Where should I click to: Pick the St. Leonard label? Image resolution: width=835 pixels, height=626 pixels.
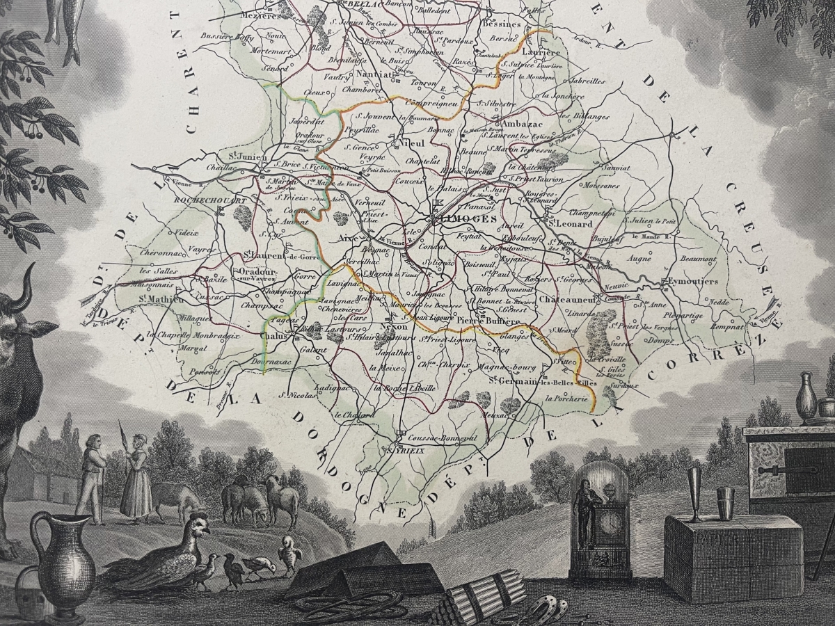pyautogui.click(x=570, y=224)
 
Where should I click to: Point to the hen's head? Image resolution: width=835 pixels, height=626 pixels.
pyautogui.click(x=200, y=532)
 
